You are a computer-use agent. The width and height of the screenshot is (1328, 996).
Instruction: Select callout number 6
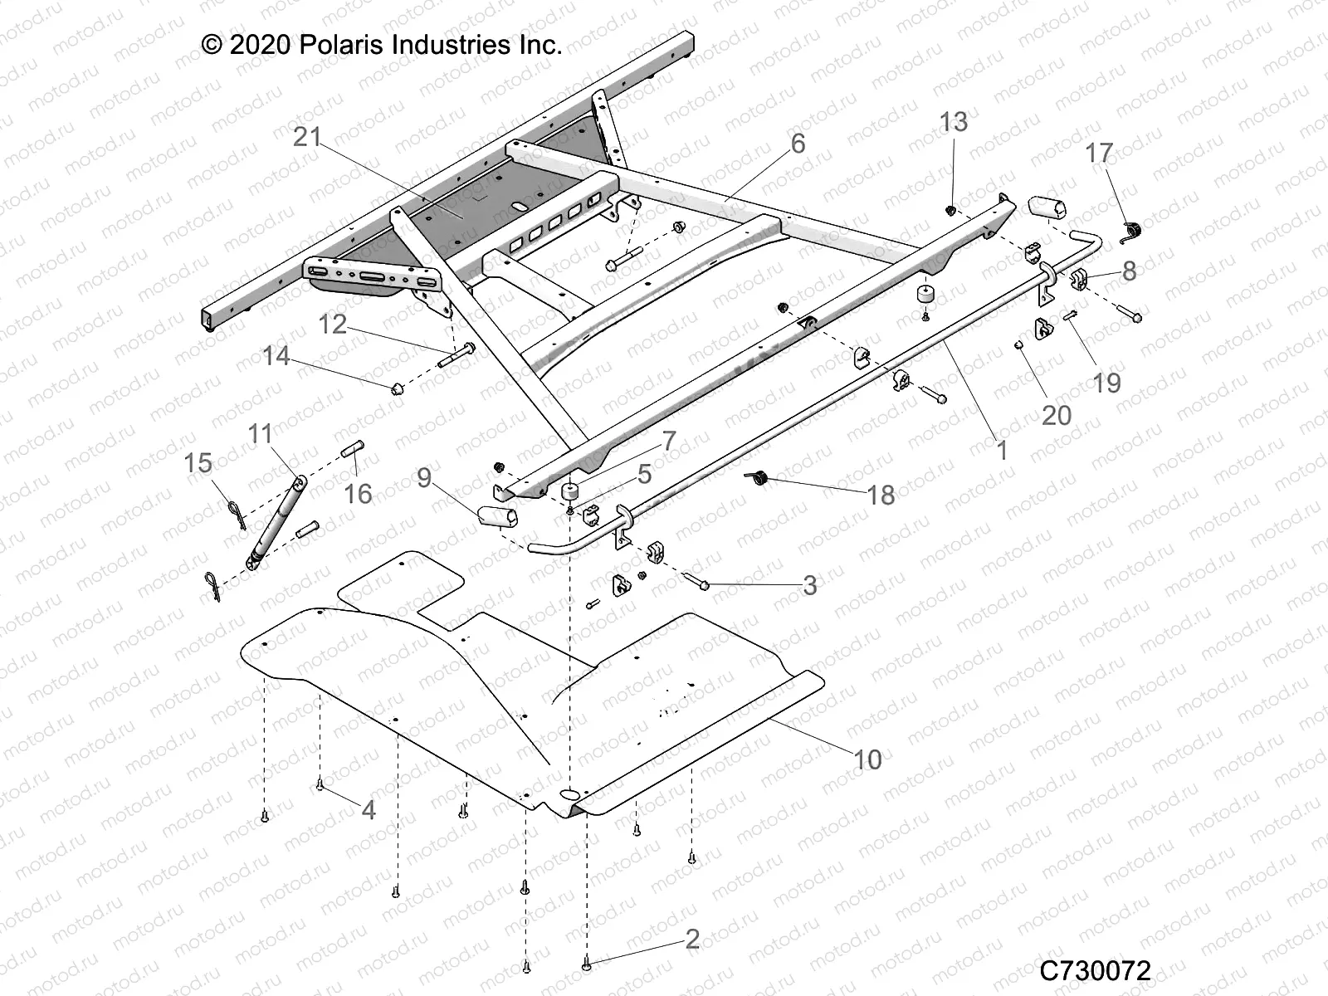(798, 144)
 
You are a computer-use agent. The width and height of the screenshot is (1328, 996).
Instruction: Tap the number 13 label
(954, 122)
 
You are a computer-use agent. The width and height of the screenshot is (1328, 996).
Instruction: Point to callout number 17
(1099, 153)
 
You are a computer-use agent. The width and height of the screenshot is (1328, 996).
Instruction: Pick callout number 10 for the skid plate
(868, 759)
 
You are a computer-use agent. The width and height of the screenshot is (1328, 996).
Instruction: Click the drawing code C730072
(1096, 969)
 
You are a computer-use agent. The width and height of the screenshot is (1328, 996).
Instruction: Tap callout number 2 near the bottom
(692, 940)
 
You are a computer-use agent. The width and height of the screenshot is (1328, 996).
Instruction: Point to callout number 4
(368, 809)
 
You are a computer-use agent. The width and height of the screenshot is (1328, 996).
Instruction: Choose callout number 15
(198, 462)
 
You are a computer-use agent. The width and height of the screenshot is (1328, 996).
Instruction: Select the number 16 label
(358, 494)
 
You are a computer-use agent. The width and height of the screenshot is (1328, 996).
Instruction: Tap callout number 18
(881, 495)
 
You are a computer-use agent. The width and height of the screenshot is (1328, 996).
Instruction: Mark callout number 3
(809, 585)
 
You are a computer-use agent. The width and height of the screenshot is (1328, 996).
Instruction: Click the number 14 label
(276, 356)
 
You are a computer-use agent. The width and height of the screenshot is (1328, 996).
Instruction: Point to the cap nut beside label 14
(398, 388)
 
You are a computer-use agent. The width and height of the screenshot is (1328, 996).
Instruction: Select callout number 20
(1057, 414)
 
